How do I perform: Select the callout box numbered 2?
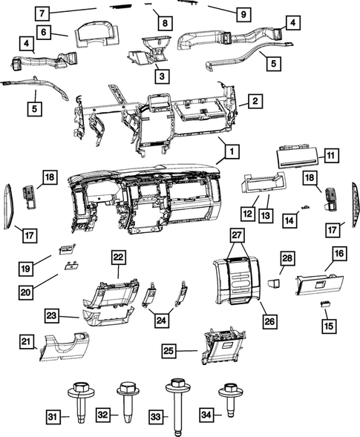(x=254, y=101)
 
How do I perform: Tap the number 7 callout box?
(x=42, y=13)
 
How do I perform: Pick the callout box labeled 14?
(x=292, y=220)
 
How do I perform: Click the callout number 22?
(x=117, y=256)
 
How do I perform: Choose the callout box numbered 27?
(x=236, y=237)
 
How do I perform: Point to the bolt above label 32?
(x=125, y=398)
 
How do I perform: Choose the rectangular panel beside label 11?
(x=297, y=157)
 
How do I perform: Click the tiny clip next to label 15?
(x=325, y=306)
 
